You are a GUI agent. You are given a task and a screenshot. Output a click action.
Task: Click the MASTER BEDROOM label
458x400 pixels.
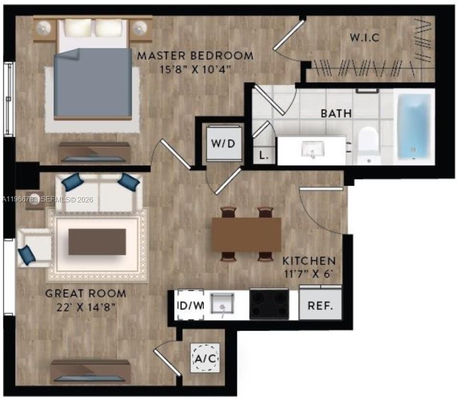(x=195, y=56)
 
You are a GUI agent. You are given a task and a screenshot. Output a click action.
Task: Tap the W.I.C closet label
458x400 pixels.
(x=364, y=37)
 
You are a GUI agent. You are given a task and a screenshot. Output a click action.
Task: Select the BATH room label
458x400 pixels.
(x=336, y=114)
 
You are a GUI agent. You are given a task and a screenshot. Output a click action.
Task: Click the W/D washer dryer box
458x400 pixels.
(x=224, y=143)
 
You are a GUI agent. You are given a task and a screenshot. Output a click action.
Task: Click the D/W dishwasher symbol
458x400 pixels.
(x=191, y=305)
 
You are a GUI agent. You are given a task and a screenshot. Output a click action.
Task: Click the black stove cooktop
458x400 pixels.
(x=269, y=304)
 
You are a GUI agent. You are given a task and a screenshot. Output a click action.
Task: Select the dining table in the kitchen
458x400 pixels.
(x=246, y=234)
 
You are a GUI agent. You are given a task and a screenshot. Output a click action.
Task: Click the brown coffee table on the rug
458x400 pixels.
(x=97, y=242)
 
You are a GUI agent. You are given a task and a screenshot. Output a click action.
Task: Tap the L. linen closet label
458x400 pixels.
(x=263, y=155)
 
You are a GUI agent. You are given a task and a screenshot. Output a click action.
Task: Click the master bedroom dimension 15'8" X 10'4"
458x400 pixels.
(x=195, y=69)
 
